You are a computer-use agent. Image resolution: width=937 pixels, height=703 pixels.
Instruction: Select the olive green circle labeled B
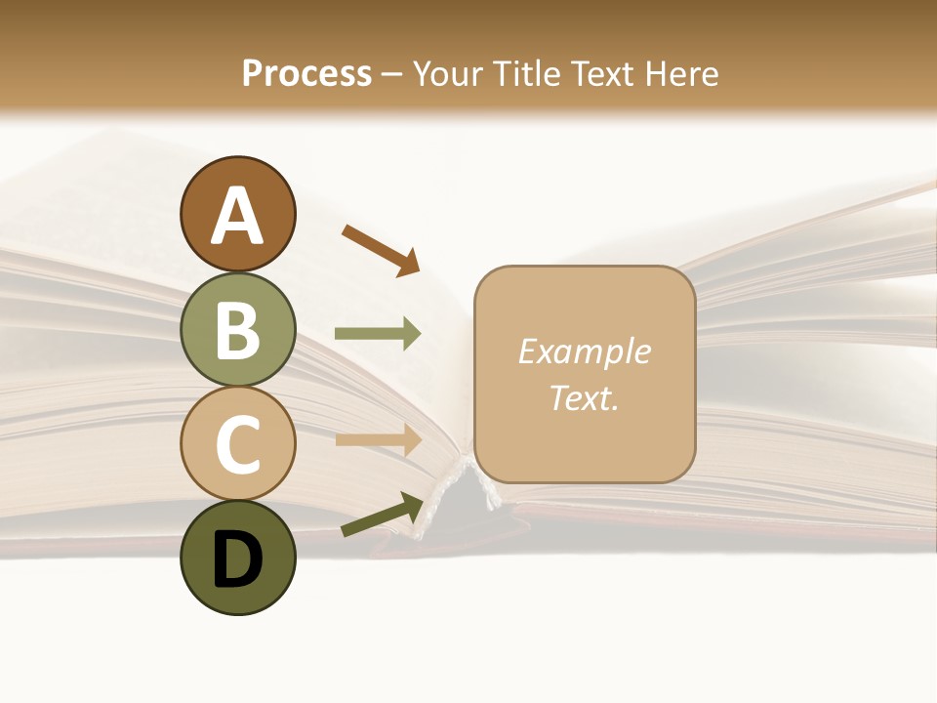coord(237,329)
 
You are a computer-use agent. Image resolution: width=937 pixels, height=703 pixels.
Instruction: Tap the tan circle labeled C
coord(237,443)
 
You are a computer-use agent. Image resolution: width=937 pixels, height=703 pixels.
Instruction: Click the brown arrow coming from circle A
coord(381,249)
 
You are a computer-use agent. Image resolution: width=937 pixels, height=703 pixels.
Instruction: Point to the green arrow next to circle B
coord(378,334)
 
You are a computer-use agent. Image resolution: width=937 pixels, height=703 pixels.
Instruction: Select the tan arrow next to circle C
coord(378,439)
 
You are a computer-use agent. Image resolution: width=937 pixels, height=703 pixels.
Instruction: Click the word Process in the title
coord(306,73)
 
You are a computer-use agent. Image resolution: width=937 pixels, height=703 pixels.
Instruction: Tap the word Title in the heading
coord(527,73)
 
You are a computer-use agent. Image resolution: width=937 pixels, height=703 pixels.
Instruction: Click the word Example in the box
coord(584,351)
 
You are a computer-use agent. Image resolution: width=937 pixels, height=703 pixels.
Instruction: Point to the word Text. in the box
coord(584,397)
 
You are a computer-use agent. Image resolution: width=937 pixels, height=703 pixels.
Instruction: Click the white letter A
coord(237,217)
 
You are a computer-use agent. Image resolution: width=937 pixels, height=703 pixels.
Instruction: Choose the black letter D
coord(237,559)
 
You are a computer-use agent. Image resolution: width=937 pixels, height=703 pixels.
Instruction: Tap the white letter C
coord(237,445)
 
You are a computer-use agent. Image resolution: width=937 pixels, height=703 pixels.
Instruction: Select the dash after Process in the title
coord(392,74)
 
